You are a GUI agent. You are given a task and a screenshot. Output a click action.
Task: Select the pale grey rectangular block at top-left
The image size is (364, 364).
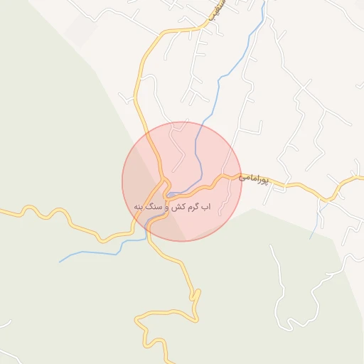[x=80, y=30]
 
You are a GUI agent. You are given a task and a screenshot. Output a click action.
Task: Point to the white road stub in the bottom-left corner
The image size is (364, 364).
[x=6, y=323]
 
